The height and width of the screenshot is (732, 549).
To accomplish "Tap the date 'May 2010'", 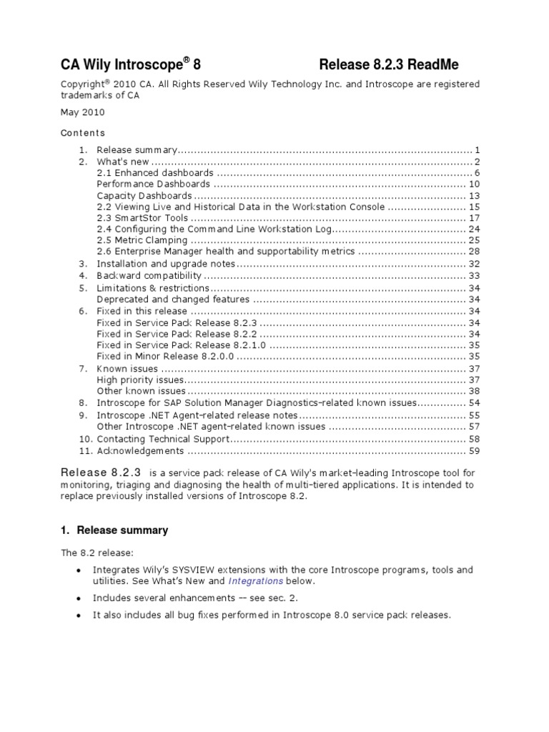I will coord(83,112).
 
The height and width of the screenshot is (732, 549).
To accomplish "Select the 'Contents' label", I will coord(83,133).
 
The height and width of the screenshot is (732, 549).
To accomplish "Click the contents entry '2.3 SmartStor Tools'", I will coord(142,218).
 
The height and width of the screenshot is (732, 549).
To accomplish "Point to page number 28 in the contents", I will coord(473,252).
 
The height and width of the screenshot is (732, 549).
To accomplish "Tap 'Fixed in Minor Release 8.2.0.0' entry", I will coord(165,356).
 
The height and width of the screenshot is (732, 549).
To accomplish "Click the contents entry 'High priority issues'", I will coord(139,380).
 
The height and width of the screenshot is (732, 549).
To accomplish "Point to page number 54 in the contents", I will coord(473,402).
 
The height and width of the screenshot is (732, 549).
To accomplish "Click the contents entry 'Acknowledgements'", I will coord(140,450).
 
